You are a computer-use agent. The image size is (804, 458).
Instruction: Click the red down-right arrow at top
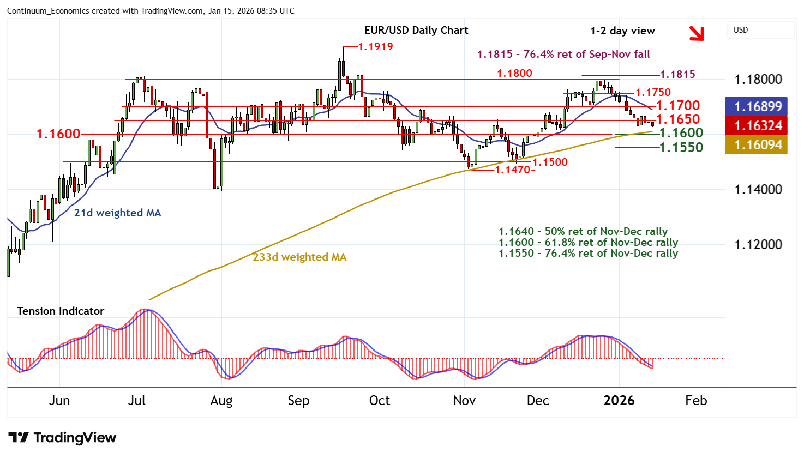coord(697,33)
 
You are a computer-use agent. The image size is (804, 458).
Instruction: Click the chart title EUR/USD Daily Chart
coord(416,31)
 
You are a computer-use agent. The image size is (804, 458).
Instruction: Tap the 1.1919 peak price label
coord(375,47)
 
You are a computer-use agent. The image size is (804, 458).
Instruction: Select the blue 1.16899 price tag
coord(758,106)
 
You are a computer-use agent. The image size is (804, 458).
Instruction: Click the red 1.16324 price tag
coord(758,126)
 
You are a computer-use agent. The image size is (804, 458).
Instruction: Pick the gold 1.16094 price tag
coord(758,145)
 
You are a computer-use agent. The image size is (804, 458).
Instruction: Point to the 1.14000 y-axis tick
coord(758,190)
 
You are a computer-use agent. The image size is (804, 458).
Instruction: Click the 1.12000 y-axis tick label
coord(758,245)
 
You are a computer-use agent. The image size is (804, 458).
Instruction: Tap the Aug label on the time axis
coord(221,401)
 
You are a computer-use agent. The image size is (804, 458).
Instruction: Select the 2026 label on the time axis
coord(619,401)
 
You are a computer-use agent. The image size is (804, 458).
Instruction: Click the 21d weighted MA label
coord(117,213)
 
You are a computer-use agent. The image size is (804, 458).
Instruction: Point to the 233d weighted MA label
coord(299,257)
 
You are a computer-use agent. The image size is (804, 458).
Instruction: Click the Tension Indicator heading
coord(61,311)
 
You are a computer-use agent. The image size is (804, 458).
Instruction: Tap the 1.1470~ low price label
coord(515,170)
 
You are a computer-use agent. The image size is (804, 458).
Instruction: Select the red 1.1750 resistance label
coord(653,93)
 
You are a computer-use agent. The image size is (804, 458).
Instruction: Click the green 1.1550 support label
coord(681,148)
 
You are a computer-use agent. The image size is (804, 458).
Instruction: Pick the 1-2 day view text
coord(622,31)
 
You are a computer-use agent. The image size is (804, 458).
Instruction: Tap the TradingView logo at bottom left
coord(63,438)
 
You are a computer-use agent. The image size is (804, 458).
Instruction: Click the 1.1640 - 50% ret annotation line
coord(583,232)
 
